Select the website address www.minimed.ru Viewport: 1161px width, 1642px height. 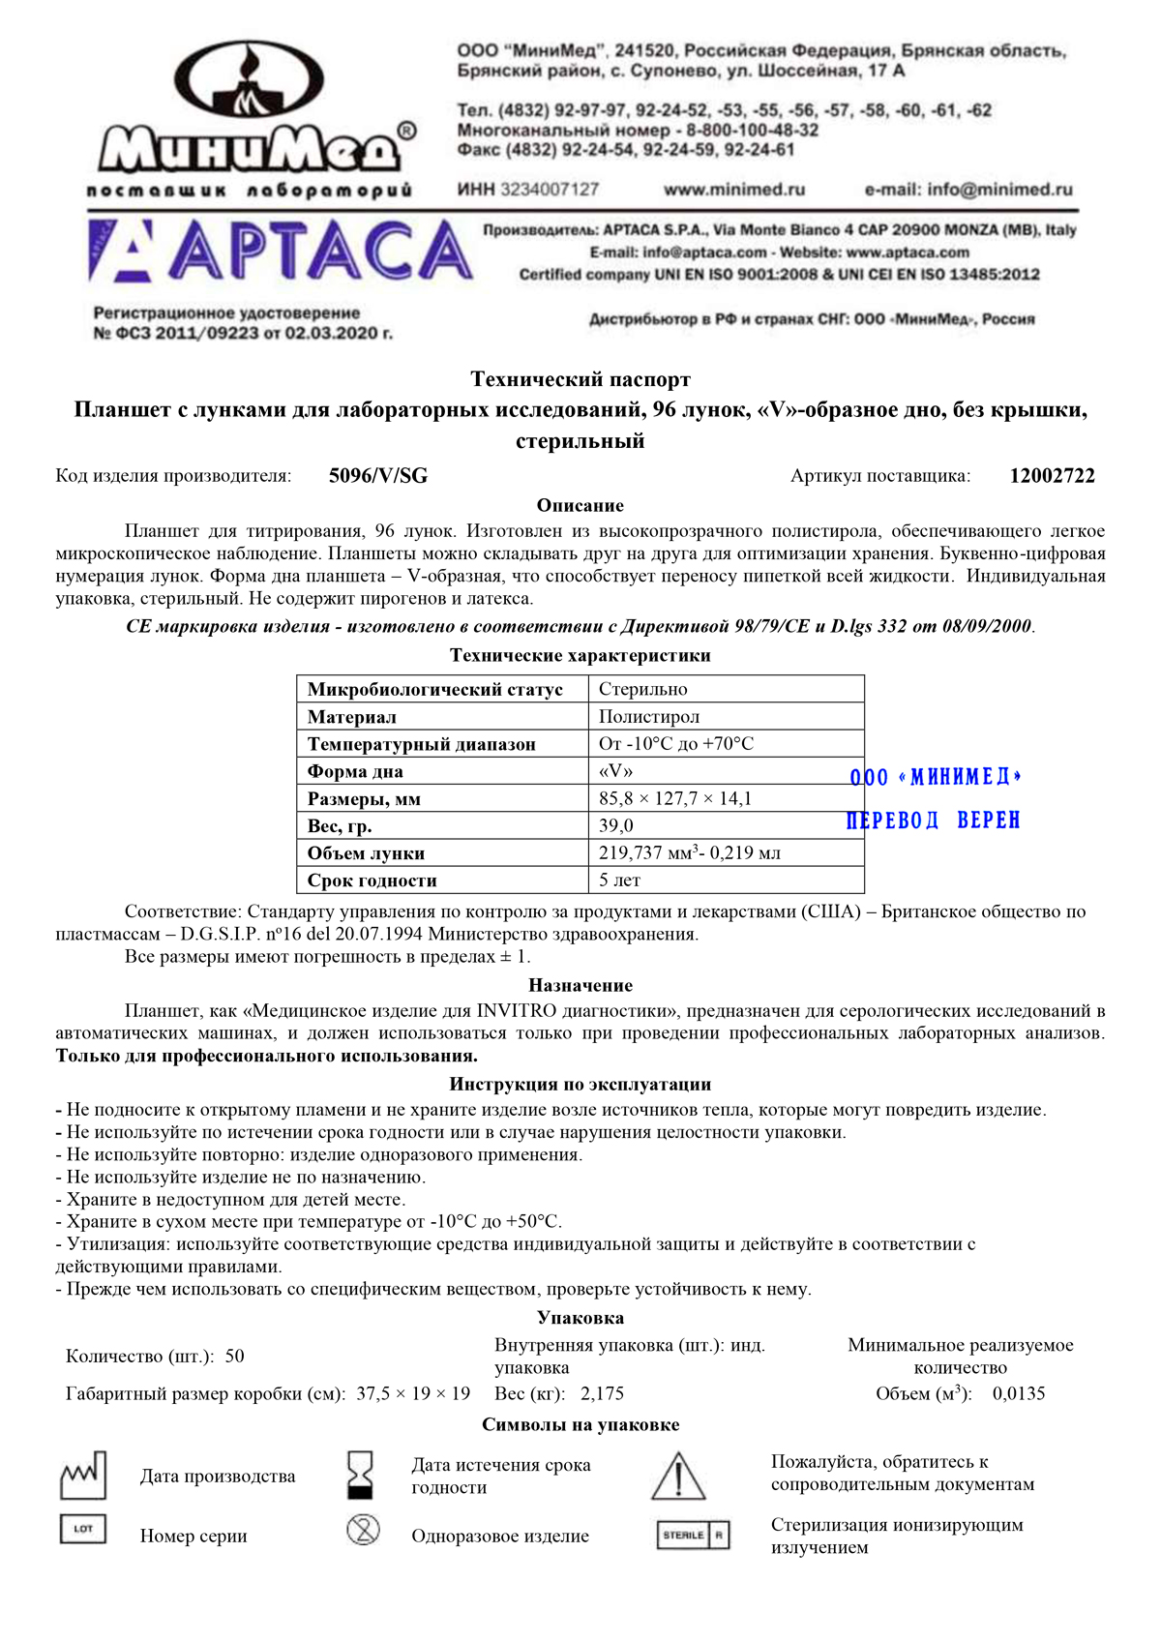pyautogui.click(x=734, y=190)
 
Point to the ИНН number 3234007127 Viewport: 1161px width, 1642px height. pyautogui.click(x=550, y=190)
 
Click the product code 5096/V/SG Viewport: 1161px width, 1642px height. pyautogui.click(x=378, y=476)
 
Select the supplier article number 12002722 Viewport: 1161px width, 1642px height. pyautogui.click(x=1052, y=476)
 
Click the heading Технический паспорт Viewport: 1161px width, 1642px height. pyautogui.click(x=580, y=379)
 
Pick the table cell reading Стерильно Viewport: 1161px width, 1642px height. pyautogui.click(x=643, y=690)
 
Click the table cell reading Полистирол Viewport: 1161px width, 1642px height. pyautogui.click(x=649, y=717)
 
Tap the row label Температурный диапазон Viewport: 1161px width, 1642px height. pyautogui.click(x=422, y=744)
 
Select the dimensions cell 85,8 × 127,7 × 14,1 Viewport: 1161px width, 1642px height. pyautogui.click(x=675, y=798)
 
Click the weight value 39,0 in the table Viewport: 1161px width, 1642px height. pyautogui.click(x=616, y=825)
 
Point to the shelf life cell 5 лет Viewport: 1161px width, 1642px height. pyautogui.click(x=619, y=881)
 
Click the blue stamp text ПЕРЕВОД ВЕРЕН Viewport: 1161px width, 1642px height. pyautogui.click(x=934, y=821)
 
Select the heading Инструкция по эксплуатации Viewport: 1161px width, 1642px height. pyautogui.click(x=580, y=1085)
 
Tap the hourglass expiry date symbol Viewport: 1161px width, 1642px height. pyautogui.click(x=361, y=1475)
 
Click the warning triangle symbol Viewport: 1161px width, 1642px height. pyautogui.click(x=678, y=1477)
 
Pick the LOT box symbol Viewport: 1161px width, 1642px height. pyautogui.click(x=83, y=1529)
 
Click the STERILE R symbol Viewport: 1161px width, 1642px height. pyautogui.click(x=693, y=1535)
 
